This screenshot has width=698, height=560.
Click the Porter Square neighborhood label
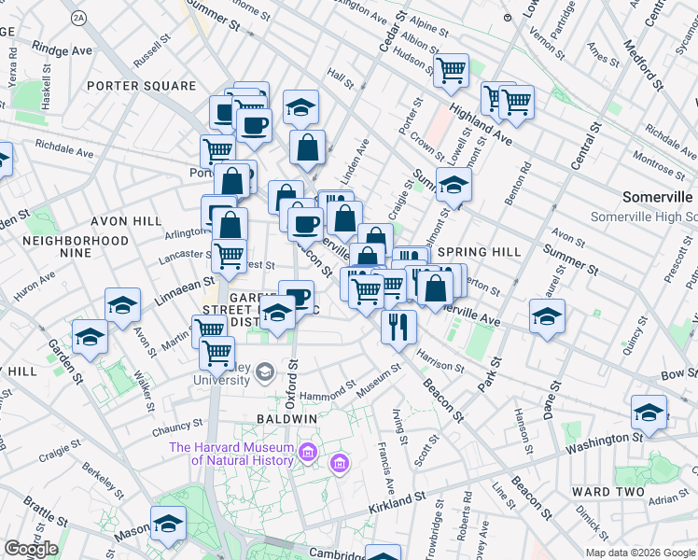pyautogui.click(x=141, y=86)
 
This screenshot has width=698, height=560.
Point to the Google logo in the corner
pyautogui.click(x=31, y=549)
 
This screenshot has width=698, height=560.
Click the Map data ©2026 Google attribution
pyautogui.click(x=640, y=553)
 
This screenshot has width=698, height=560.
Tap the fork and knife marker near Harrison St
pyautogui.click(x=398, y=327)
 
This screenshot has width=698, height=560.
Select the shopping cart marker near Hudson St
pyautogui.click(x=452, y=69)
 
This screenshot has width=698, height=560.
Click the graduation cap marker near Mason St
pyautogui.click(x=169, y=523)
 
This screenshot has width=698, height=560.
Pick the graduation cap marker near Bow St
pyautogui.click(x=649, y=411)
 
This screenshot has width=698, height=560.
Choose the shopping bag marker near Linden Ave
pyautogui.click(x=307, y=146)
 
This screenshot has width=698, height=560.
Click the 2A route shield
pyautogui.click(x=79, y=18)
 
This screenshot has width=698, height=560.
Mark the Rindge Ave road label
pyautogui.click(x=63, y=46)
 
